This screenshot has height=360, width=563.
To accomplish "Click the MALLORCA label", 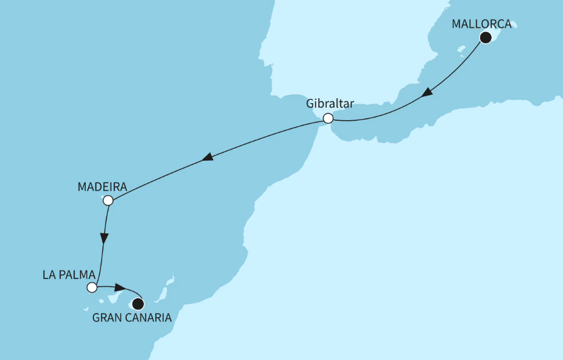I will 481,25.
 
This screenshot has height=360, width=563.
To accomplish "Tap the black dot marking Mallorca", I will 486,37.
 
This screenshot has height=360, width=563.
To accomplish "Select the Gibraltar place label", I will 330,104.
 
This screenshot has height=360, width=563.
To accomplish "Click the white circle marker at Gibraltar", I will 327,118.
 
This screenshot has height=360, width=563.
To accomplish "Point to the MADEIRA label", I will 102,187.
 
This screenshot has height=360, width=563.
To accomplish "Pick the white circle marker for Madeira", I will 108,201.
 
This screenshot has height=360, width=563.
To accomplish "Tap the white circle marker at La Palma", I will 92,288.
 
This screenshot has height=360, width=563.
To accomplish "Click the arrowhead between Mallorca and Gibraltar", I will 427,93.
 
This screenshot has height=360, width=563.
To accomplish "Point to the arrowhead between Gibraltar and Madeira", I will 207,158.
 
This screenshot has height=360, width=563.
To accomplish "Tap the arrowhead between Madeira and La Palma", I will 104,239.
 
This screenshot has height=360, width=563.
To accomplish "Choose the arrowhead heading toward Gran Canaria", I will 119,288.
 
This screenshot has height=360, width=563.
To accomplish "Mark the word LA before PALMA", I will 49,275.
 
